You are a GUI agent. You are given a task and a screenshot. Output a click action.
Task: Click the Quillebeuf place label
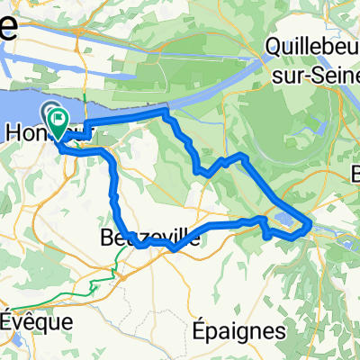(315, 43)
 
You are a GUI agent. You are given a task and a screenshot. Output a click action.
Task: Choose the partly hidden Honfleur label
(27, 131)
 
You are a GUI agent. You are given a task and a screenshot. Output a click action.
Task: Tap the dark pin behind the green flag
(49, 112)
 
